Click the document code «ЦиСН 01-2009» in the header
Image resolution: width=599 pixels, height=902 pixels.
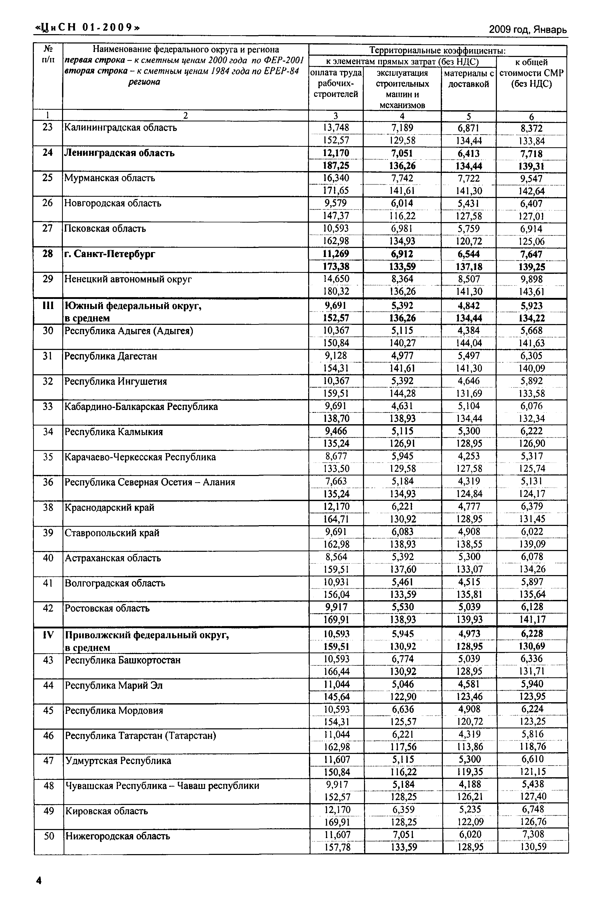tap(87, 27)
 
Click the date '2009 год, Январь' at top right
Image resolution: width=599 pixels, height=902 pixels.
tap(528, 30)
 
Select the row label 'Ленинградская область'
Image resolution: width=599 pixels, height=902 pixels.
tap(119, 153)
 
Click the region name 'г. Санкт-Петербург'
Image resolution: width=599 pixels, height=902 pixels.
tap(110, 254)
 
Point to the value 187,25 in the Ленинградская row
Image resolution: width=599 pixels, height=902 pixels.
tap(336, 166)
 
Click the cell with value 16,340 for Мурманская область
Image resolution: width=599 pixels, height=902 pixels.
tap(336, 178)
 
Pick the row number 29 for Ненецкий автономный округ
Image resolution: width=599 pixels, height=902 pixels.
tap(48, 279)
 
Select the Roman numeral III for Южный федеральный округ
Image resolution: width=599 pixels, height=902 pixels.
tap(48, 305)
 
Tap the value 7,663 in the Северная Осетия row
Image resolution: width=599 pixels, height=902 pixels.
tap(336, 481)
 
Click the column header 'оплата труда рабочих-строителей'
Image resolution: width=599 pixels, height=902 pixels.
tap(336, 83)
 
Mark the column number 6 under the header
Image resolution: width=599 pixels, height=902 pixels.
tap(531, 116)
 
